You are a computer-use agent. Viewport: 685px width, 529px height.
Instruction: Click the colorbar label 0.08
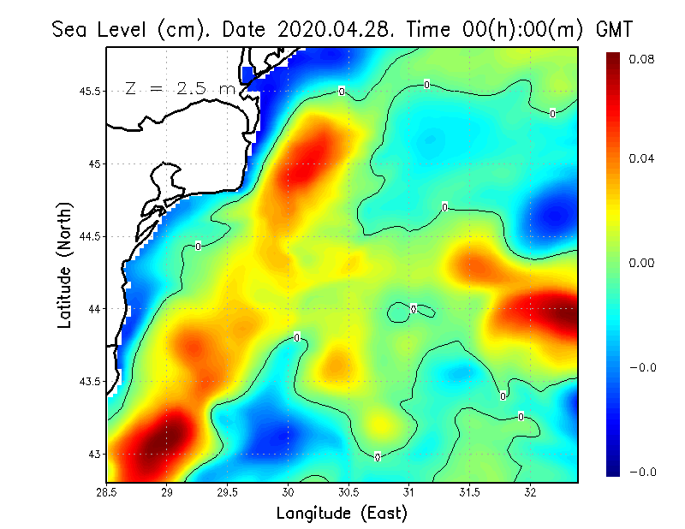(641, 59)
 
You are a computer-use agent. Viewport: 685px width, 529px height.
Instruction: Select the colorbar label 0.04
(641, 158)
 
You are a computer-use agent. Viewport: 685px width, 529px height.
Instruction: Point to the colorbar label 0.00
(641, 263)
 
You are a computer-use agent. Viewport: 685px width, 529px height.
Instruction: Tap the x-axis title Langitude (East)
(342, 514)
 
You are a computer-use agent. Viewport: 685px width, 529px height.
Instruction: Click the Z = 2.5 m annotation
(180, 88)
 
